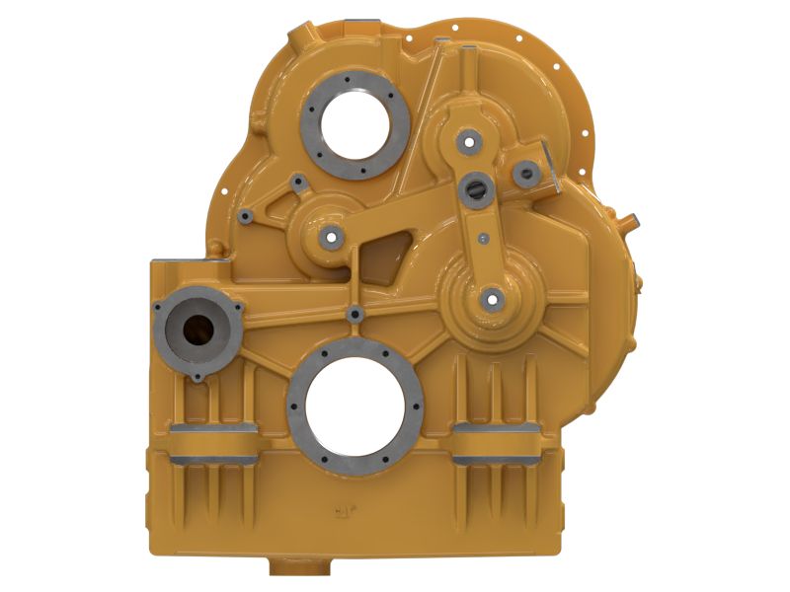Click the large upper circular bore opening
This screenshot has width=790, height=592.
coord(355,122)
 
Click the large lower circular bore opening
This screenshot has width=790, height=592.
coord(355,407)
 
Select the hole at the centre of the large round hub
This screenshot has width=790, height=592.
coord(491,298)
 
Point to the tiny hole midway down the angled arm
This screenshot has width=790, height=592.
coord(484,238)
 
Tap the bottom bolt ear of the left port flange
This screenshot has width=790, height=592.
coord(197,376)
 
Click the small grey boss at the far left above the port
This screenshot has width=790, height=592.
coord(246,213)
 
